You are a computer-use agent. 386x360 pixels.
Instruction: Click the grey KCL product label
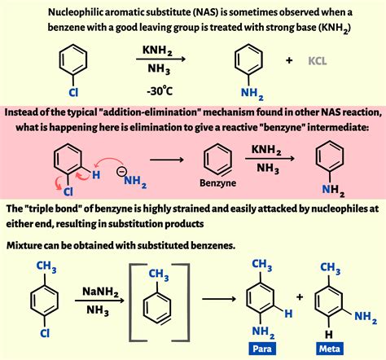[x=318, y=61]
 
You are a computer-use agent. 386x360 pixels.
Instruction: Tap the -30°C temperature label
[x=160, y=90]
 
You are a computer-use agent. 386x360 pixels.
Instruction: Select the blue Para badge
[x=262, y=349]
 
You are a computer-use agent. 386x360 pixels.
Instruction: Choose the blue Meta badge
[x=330, y=349]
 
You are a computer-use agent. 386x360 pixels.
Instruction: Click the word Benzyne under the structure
[x=217, y=183]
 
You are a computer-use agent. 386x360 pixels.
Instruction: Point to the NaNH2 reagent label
[x=100, y=292]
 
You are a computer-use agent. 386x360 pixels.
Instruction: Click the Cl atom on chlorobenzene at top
[x=73, y=92]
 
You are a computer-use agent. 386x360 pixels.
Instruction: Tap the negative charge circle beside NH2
[x=121, y=172]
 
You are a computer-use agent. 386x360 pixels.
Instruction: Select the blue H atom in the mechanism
[x=96, y=175]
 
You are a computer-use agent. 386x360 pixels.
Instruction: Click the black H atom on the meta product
[x=329, y=334]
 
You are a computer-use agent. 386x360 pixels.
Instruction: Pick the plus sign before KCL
[x=289, y=60]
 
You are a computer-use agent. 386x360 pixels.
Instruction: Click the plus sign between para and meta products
[x=300, y=296]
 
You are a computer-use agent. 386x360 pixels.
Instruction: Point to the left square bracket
[x=130, y=302]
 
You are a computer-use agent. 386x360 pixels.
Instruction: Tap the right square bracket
[x=188, y=302]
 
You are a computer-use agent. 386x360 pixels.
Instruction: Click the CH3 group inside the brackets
[x=159, y=274]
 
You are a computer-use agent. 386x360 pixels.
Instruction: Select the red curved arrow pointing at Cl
[x=58, y=184]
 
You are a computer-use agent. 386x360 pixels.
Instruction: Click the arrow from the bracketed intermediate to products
[x=219, y=299]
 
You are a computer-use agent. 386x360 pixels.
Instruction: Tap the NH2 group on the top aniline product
[x=252, y=94]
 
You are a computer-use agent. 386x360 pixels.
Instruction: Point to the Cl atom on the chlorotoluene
[x=45, y=332]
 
